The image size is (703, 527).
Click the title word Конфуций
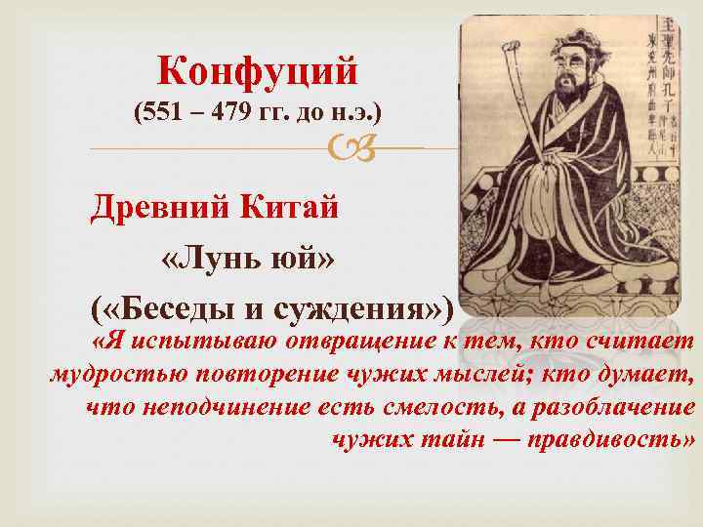258,70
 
